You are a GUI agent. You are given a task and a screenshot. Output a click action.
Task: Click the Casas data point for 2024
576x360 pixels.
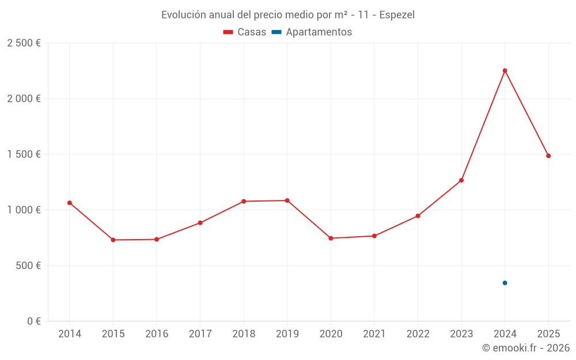click(x=505, y=71)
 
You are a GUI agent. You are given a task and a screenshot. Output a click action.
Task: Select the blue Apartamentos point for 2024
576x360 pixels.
click(x=505, y=283)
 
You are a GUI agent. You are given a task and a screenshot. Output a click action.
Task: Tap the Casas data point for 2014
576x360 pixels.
click(x=70, y=203)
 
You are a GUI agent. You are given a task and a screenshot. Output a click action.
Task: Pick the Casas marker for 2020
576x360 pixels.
click(x=331, y=238)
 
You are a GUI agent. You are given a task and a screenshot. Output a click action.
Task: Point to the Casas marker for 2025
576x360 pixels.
click(x=548, y=156)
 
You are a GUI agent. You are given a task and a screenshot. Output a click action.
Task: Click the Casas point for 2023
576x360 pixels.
click(x=461, y=180)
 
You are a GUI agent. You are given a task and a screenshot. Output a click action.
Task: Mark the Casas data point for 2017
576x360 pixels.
click(x=200, y=222)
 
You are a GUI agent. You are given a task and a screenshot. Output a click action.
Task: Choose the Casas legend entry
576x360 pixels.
click(x=245, y=32)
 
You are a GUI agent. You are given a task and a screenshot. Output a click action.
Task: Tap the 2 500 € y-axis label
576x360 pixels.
click(x=24, y=43)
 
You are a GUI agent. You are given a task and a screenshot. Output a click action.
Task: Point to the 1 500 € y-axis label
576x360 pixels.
click(x=24, y=154)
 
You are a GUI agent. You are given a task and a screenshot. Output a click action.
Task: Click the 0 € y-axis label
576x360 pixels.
click(x=33, y=321)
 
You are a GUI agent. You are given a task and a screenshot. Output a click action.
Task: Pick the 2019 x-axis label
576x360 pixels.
click(x=287, y=334)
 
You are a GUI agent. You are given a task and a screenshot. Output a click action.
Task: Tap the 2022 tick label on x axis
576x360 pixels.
click(x=418, y=334)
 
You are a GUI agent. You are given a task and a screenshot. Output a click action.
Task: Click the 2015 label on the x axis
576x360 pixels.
click(x=113, y=334)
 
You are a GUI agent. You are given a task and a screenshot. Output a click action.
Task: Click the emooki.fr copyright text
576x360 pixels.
click(x=525, y=348)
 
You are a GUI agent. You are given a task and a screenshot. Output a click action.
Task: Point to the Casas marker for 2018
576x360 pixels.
click(x=244, y=201)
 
